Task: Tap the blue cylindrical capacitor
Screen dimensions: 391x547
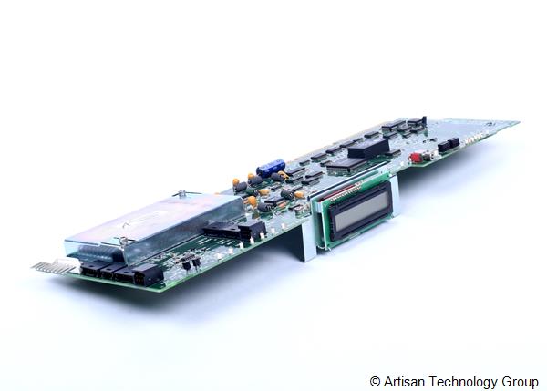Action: (x=270, y=168)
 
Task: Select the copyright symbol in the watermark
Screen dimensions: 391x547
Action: (x=375, y=381)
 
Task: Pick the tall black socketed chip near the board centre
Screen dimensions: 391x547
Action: (x=367, y=148)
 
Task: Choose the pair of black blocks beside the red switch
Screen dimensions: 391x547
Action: (x=447, y=144)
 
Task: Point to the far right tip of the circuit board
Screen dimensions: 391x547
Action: (x=516, y=122)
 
